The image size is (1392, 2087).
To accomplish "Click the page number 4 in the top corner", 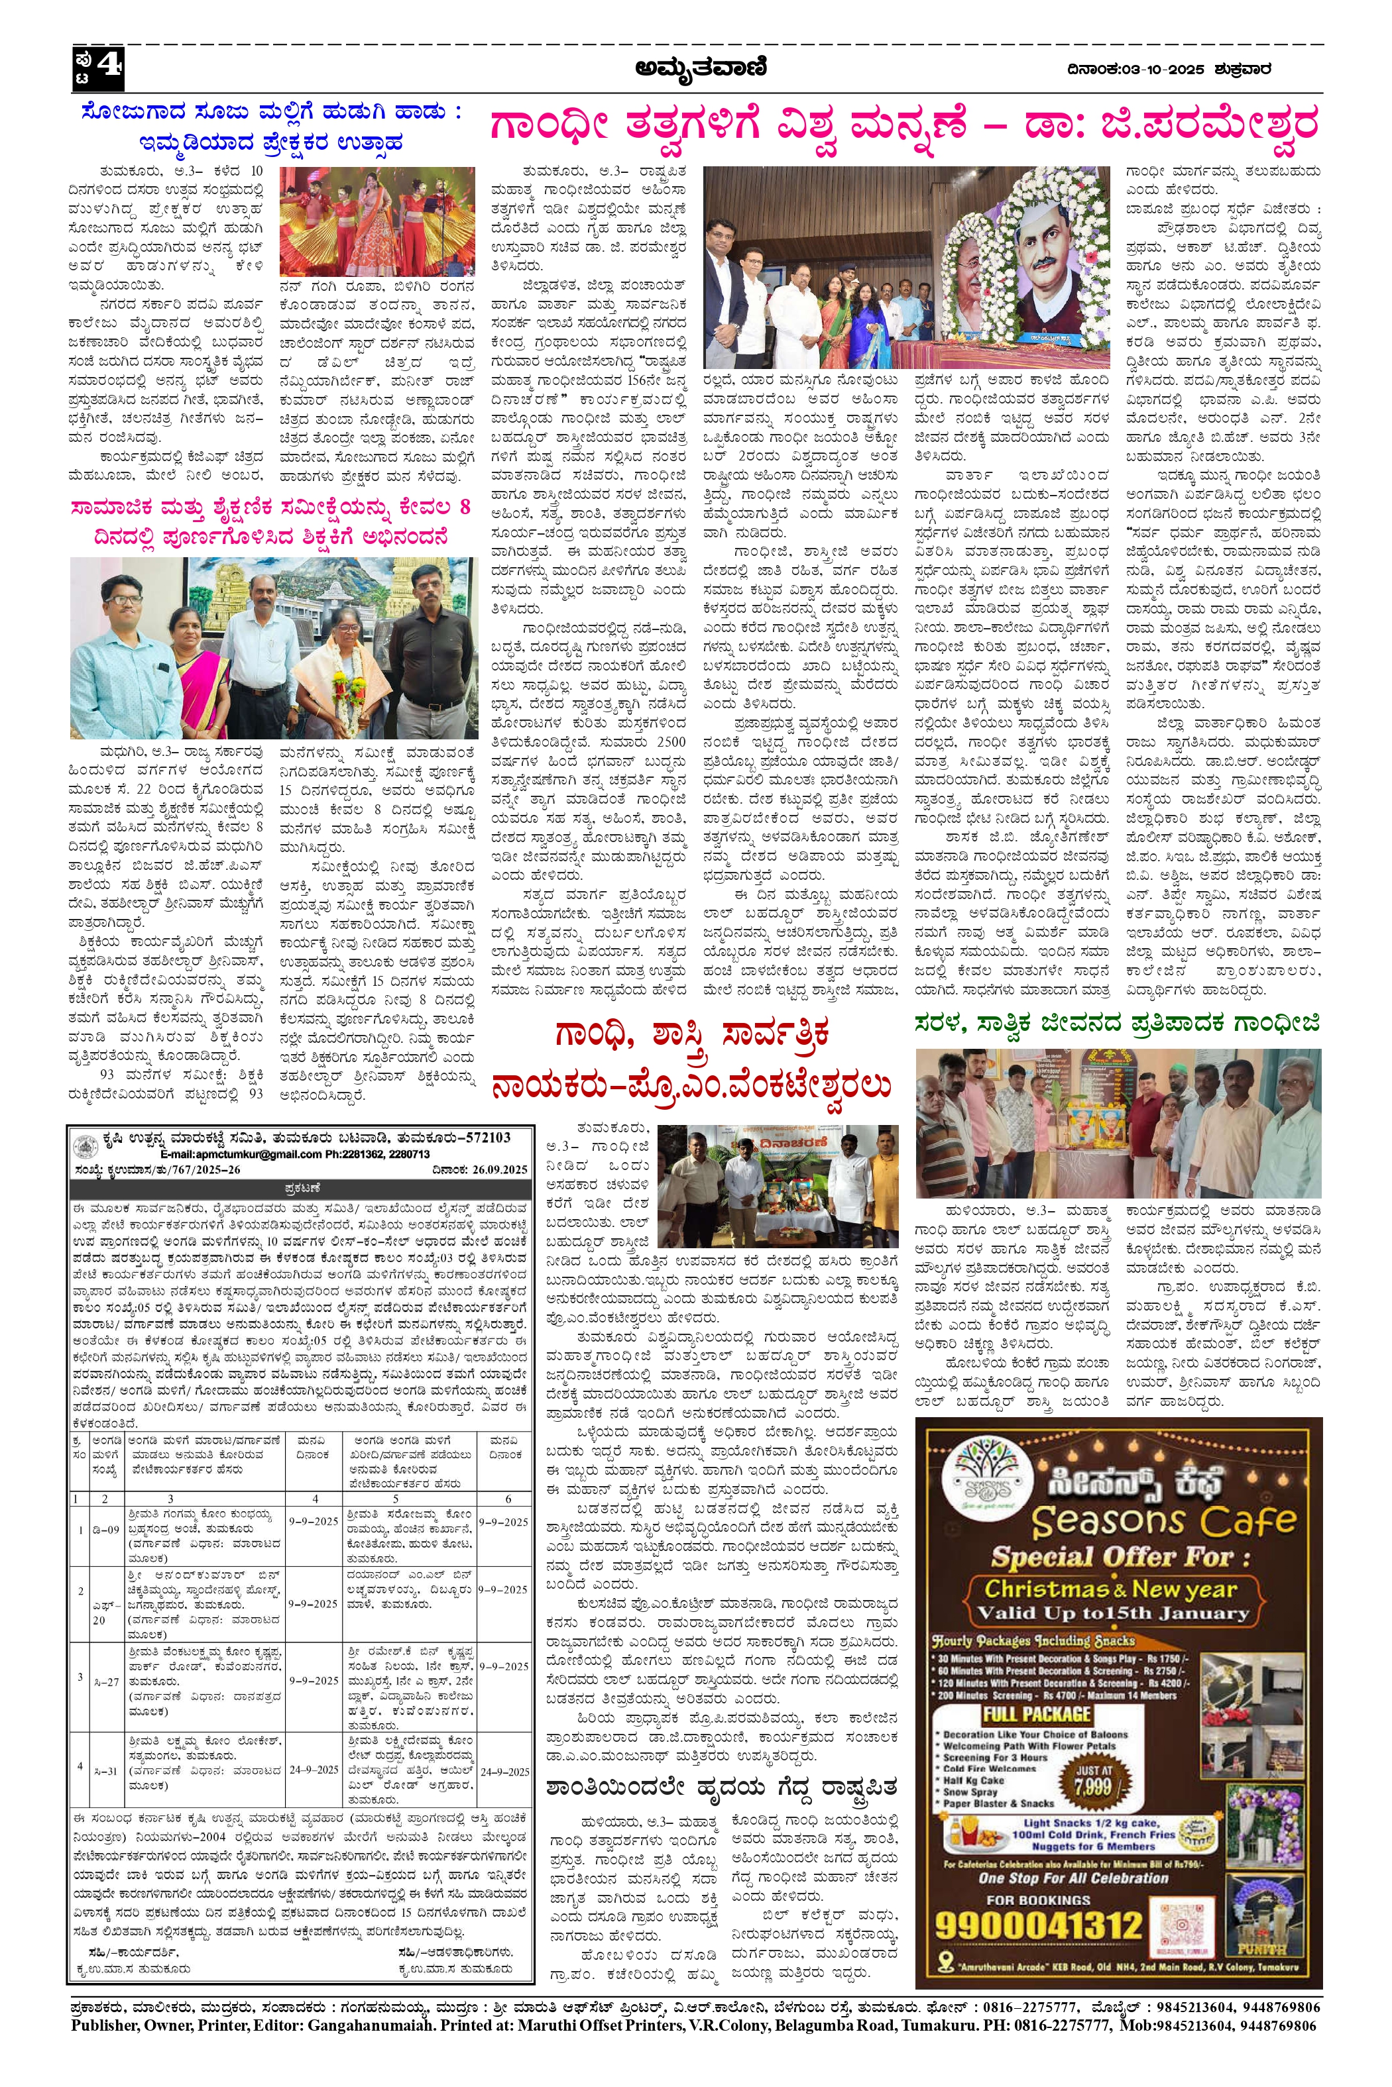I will pyautogui.click(x=107, y=66).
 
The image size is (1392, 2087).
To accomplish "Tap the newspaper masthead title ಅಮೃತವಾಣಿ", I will pyautogui.click(x=701, y=68).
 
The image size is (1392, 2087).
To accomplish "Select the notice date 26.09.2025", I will pyautogui.click(x=502, y=1169).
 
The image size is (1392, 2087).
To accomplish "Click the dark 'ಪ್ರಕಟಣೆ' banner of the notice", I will pyautogui.click(x=302, y=1188).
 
